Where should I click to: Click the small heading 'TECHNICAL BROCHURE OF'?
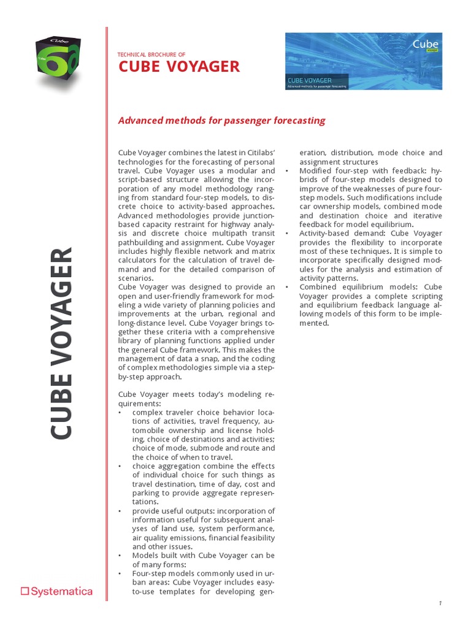click(x=151, y=55)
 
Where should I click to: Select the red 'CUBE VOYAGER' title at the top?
click(x=178, y=67)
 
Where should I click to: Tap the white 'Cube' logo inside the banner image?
click(x=425, y=44)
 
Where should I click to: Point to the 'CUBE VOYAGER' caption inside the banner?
click(x=310, y=80)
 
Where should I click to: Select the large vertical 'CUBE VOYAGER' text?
click(x=62, y=343)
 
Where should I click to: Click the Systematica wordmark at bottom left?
click(x=61, y=592)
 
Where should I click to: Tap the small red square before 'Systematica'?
click(x=25, y=592)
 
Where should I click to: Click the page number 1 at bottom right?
click(x=440, y=603)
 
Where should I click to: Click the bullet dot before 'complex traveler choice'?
click(x=120, y=412)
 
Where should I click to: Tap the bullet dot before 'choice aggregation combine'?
click(x=120, y=466)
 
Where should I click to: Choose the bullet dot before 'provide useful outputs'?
click(x=120, y=511)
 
